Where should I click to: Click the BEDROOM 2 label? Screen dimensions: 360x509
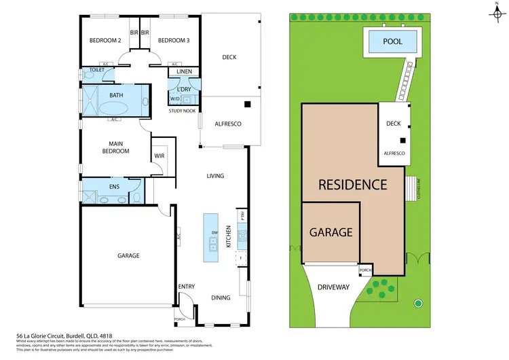pos(105,40)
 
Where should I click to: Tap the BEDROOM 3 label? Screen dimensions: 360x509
pos(173,40)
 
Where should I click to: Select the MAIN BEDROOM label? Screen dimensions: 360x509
pos(115,147)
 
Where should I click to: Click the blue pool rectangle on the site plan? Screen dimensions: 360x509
pos(392,42)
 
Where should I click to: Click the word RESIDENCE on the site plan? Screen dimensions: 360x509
pos(353,184)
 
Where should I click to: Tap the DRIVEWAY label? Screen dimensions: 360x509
pos(333,287)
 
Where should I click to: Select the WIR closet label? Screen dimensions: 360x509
pos(160,156)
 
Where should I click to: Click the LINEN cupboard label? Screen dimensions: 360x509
pos(183,71)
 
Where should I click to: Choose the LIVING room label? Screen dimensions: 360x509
pos(215,176)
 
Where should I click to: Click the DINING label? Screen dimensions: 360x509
pos(220,298)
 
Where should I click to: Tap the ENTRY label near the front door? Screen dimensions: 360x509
pos(187,287)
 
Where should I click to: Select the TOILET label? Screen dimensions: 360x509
pos(96,70)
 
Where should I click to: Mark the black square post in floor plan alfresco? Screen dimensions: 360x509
pos(248,104)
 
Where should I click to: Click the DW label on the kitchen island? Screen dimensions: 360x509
pos(214,233)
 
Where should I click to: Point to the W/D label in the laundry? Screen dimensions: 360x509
pos(175,98)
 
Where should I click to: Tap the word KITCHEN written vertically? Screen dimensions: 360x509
pos(229,236)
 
